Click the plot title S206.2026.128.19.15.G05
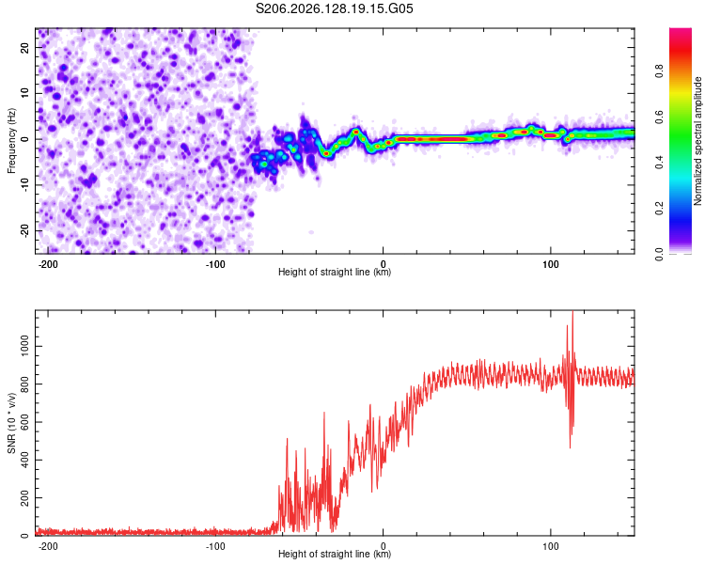(334, 8)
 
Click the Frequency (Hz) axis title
(11, 141)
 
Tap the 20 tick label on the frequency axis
(24, 48)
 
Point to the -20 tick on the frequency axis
(24, 230)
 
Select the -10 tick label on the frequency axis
(24, 184)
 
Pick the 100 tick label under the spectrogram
(550, 264)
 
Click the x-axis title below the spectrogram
(335, 272)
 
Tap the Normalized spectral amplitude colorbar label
(697, 141)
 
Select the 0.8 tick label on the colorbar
(659, 71)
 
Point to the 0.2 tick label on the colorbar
(659, 209)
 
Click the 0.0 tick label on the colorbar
(659, 254)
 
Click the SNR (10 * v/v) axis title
(11, 423)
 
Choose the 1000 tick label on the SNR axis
(24, 346)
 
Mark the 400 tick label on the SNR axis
(24, 460)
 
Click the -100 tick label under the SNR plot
(215, 546)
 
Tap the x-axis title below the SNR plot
(335, 554)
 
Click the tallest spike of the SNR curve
(572, 311)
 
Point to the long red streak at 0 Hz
(431, 139)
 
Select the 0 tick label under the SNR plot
(384, 546)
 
